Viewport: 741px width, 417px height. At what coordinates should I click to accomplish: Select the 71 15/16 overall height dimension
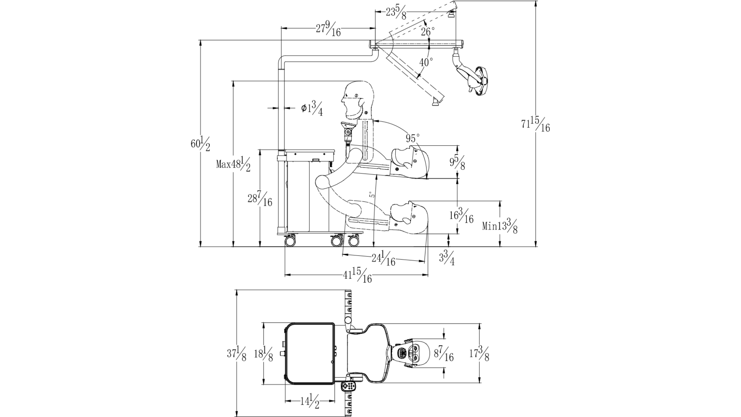point(535,125)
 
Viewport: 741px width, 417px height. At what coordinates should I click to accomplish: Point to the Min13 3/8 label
point(500,225)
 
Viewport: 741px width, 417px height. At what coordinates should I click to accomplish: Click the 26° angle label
point(428,32)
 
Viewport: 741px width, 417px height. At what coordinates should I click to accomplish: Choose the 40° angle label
point(426,62)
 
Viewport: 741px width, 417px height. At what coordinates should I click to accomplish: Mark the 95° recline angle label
point(412,138)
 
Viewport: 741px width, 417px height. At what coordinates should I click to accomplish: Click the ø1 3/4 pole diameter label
point(312,108)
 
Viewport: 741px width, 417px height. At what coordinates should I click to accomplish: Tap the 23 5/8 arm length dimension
point(396,12)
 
